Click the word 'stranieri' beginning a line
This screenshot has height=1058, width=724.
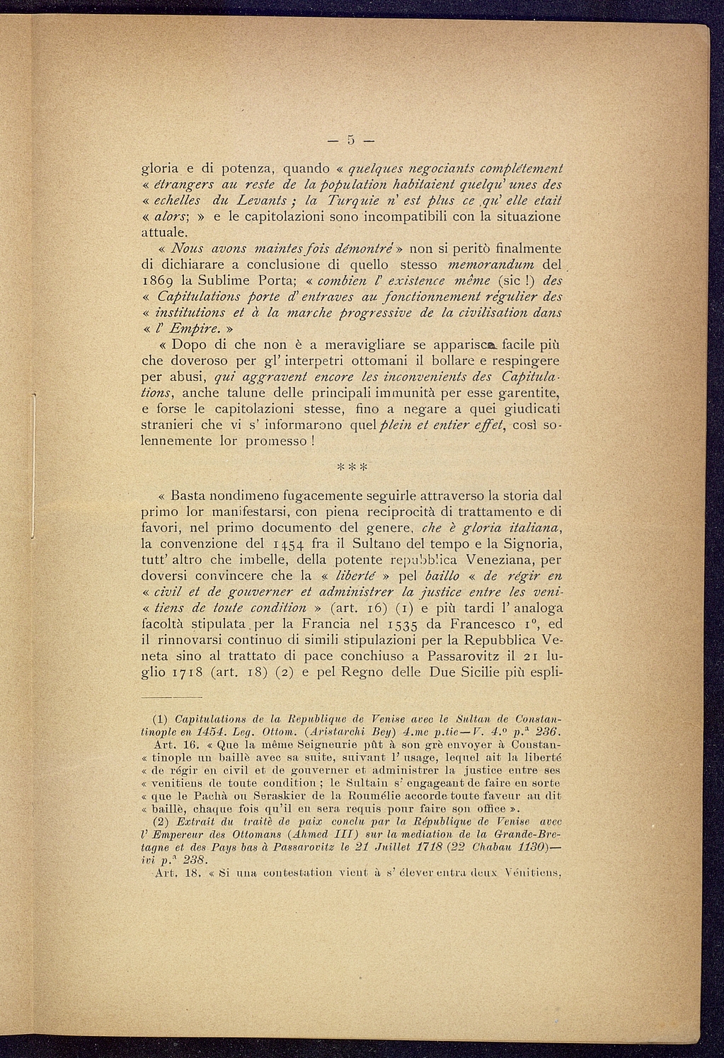(171, 425)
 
